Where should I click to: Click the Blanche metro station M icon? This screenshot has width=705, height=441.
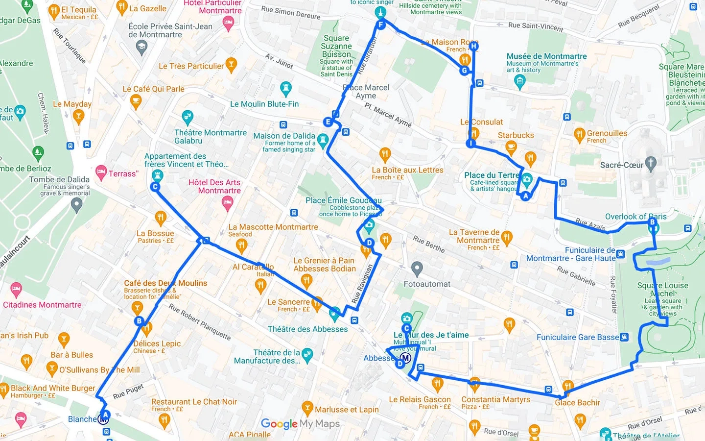click(x=103, y=419)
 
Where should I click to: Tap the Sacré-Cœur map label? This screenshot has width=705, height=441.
click(x=621, y=165)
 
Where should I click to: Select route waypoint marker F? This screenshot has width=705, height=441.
click(x=380, y=24)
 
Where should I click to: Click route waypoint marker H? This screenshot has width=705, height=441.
click(x=473, y=47)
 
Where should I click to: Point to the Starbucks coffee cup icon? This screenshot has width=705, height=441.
click(x=511, y=146)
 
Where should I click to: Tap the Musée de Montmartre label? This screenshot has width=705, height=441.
click(x=546, y=56)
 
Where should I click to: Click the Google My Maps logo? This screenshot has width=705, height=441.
click(x=300, y=424)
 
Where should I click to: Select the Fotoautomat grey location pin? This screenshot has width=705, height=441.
click(x=417, y=269)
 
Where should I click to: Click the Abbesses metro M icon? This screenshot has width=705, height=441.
click(x=405, y=358)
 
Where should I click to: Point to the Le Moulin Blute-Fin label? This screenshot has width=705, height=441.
click(x=264, y=104)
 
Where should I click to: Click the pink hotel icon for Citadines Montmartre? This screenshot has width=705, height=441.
click(x=16, y=289)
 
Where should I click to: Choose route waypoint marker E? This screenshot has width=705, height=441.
click(x=328, y=122)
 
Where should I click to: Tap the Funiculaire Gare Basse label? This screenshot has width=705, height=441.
click(x=578, y=337)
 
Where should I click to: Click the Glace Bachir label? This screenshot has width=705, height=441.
click(x=577, y=403)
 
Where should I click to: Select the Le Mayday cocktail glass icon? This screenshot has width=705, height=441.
click(x=78, y=116)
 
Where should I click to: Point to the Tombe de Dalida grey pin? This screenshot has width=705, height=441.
click(x=76, y=205)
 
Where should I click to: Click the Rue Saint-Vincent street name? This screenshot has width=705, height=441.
click(x=536, y=26)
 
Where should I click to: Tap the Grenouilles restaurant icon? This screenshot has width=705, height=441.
click(x=580, y=134)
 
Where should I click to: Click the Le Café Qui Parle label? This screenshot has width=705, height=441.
click(x=153, y=89)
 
